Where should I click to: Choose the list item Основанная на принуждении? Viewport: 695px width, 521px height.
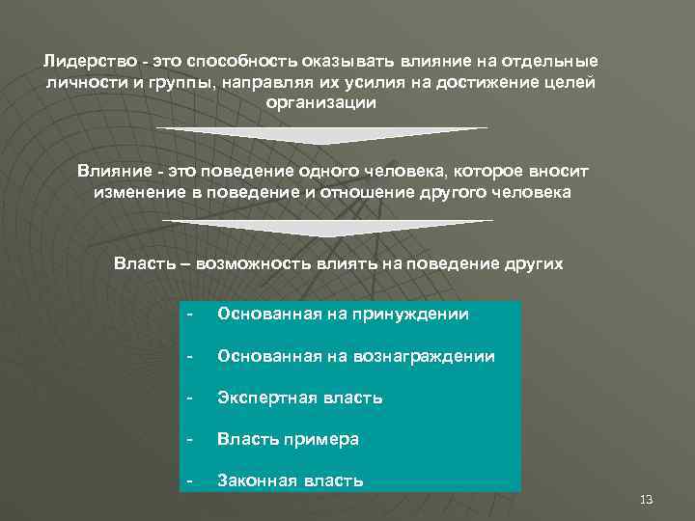343,315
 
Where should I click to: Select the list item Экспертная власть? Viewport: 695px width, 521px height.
300,398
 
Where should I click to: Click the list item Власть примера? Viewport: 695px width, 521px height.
289,439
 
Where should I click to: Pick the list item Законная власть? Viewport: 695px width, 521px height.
291,480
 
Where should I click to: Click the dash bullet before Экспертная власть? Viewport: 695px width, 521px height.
191,398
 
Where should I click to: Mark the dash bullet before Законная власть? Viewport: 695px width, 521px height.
191,480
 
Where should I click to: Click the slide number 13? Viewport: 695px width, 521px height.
647,499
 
